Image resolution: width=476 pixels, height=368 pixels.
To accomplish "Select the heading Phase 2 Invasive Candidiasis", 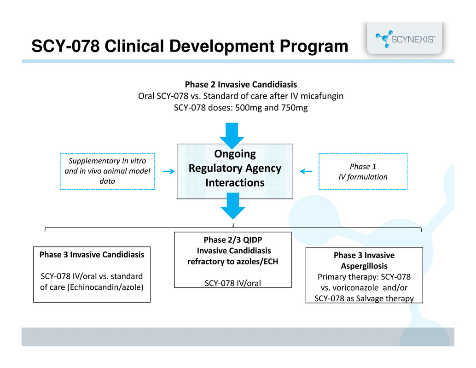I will [x=241, y=85].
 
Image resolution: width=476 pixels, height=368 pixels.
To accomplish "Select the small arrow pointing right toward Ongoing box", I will [x=168, y=171].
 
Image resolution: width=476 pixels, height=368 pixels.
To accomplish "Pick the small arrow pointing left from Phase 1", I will [x=305, y=171].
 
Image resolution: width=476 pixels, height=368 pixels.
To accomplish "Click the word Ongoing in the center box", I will [x=235, y=154].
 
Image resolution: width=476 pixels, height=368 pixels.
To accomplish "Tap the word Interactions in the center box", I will [x=235, y=183].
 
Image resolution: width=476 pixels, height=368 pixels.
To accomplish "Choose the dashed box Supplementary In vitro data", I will [x=108, y=171].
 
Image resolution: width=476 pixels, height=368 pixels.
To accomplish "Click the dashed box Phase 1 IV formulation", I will [x=363, y=171].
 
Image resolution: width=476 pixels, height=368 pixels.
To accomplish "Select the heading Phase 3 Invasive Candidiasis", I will [x=92, y=254].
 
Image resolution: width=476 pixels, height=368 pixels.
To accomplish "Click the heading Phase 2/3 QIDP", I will [x=233, y=240].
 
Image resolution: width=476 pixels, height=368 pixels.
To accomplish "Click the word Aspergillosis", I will [x=364, y=266].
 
